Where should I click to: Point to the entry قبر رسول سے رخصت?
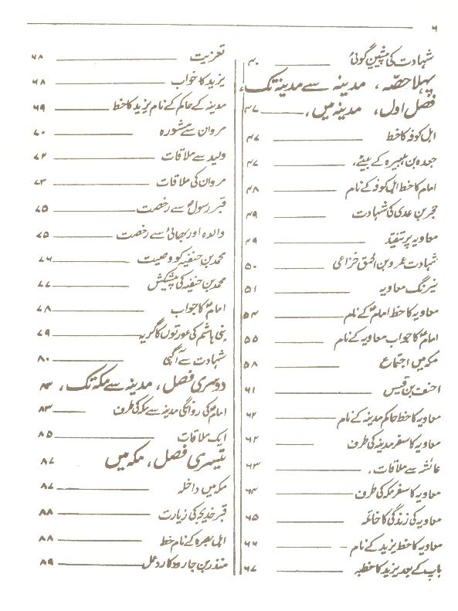(192, 209)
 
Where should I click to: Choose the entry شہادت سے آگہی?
(203, 358)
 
